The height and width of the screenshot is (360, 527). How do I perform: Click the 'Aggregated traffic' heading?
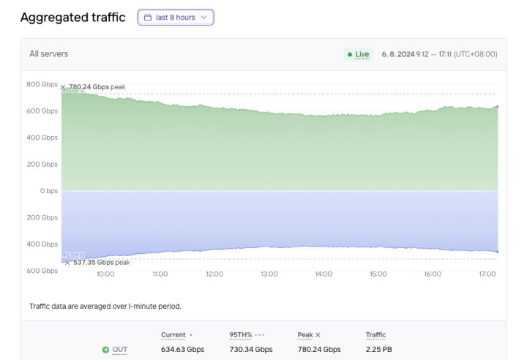pos(73,18)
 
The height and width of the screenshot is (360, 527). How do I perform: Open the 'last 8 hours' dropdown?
pos(176,18)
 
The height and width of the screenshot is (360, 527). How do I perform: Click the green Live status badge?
pos(358,54)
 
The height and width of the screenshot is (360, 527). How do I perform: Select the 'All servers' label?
pos(49,54)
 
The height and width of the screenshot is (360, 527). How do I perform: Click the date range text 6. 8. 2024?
pos(439,54)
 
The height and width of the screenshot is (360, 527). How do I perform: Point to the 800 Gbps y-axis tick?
pos(42,84)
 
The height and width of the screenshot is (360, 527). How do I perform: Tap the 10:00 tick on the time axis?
pos(105,274)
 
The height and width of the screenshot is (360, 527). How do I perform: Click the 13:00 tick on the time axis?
pos(269,274)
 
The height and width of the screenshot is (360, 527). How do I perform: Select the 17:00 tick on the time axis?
pos(487,274)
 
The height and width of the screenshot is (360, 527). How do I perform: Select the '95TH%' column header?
pos(241,335)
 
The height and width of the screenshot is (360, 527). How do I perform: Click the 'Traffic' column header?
pos(375,335)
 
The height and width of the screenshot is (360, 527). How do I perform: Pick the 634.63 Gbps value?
pos(182,350)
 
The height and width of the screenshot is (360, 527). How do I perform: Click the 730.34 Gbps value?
pos(251,350)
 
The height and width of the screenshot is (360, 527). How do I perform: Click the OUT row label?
pos(119,350)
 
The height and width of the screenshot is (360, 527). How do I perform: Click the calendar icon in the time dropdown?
pos(148,18)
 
